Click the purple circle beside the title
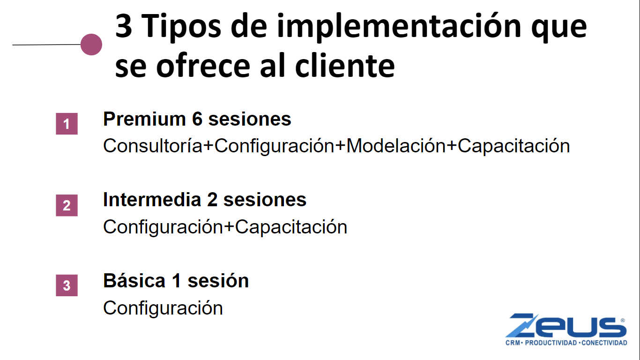91,45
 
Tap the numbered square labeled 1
67,124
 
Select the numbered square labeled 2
67,205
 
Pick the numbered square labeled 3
67,285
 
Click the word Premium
144,119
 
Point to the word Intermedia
152,200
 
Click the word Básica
134,280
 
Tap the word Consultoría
153,145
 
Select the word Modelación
396,145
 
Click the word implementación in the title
399,27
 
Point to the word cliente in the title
345,66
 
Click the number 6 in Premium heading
197,119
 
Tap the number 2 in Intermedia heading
212,200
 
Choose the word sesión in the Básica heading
218,280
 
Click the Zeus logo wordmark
566,325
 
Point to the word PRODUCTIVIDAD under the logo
551,343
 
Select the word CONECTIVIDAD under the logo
604,343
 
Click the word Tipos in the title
181,27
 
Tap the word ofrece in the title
203,66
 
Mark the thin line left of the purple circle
46,45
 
